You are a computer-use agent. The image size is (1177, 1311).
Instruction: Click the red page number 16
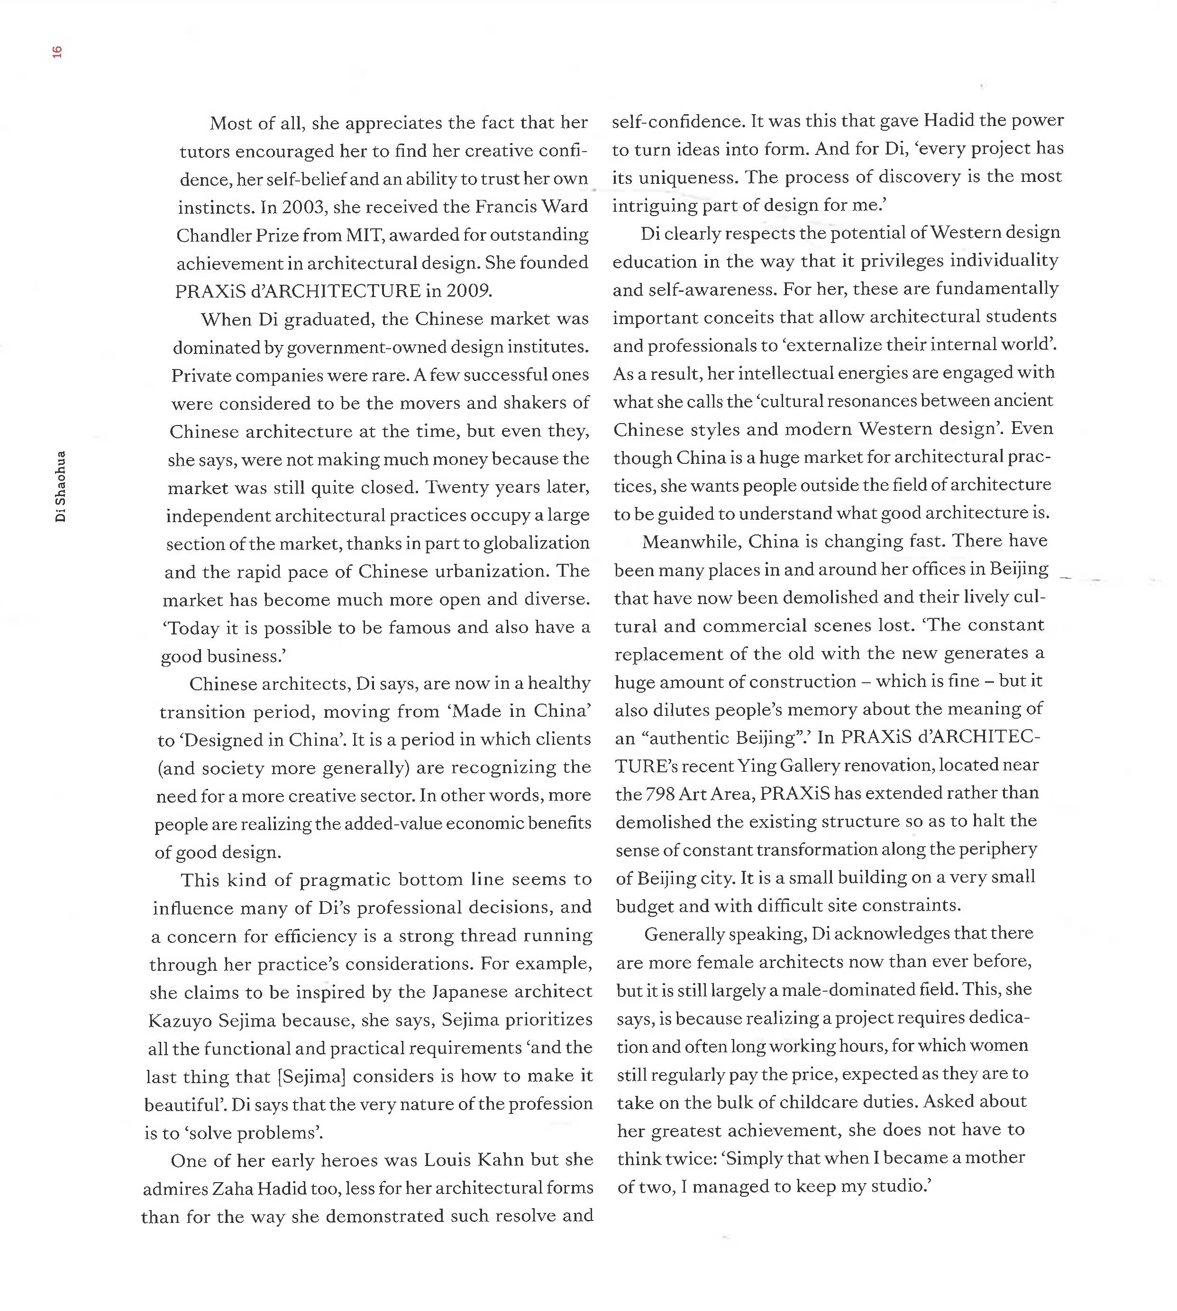57,52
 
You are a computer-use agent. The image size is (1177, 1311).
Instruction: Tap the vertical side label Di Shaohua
60,486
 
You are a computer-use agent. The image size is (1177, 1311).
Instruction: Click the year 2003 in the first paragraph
305,207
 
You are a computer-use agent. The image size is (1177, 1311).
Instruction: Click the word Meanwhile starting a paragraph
691,541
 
